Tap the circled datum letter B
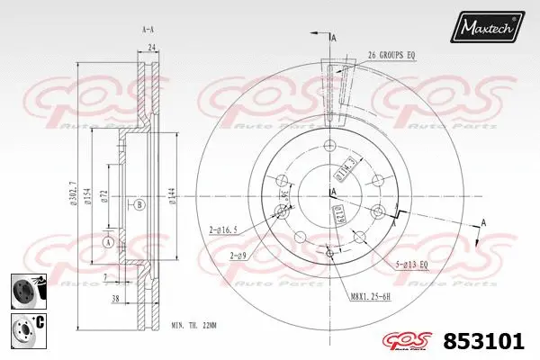(x=139, y=204)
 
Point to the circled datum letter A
(x=109, y=242)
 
